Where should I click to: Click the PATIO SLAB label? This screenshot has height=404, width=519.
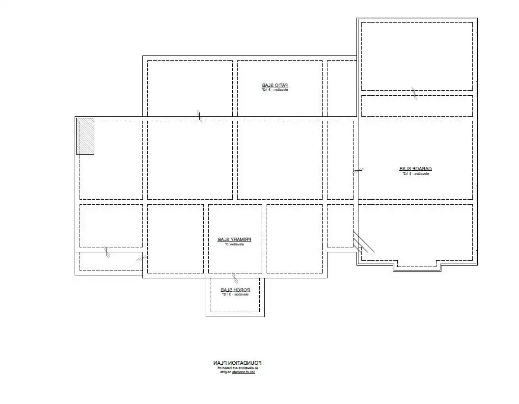[x=274, y=85]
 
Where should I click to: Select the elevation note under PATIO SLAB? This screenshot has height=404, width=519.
[x=274, y=90]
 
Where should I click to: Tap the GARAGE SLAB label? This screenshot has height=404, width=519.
[x=415, y=169]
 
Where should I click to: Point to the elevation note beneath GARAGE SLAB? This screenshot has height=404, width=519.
[x=415, y=174]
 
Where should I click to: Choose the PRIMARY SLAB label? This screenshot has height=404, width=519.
[x=235, y=240]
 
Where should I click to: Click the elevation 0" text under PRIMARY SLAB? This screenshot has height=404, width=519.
[x=235, y=244]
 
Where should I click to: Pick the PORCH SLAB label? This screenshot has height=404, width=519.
[x=235, y=290]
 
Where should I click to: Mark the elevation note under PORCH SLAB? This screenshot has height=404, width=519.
[x=235, y=295]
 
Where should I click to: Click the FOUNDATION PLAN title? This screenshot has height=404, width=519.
[x=238, y=363]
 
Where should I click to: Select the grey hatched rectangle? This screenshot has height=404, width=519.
[x=85, y=136]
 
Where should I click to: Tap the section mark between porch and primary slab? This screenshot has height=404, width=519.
[x=234, y=278]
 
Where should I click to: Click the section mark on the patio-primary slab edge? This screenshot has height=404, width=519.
[x=200, y=115]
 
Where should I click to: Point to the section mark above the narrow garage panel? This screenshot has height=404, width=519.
[x=414, y=93]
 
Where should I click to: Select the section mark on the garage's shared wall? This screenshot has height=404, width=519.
[x=358, y=171]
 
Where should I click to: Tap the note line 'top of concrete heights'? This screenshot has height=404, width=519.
[x=238, y=373]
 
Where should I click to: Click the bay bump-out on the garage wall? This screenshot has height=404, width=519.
[x=417, y=268]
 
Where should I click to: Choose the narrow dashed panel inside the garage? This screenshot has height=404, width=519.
[x=417, y=106]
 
